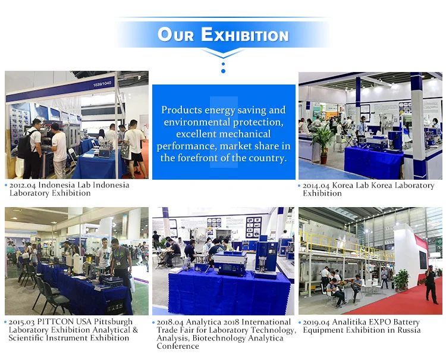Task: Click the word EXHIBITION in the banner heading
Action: click(245, 35)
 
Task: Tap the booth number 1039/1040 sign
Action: click(102, 84)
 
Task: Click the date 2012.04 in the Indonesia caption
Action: click(23, 185)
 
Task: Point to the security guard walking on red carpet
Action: click(431, 284)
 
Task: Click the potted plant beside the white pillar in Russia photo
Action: click(401, 280)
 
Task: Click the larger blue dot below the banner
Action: click(223, 71)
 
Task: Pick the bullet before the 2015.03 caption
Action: click(5, 322)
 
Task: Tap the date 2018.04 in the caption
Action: click(170, 323)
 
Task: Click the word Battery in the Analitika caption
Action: click(407, 322)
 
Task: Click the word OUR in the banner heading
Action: click(175, 35)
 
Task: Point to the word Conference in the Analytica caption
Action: click(178, 346)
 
